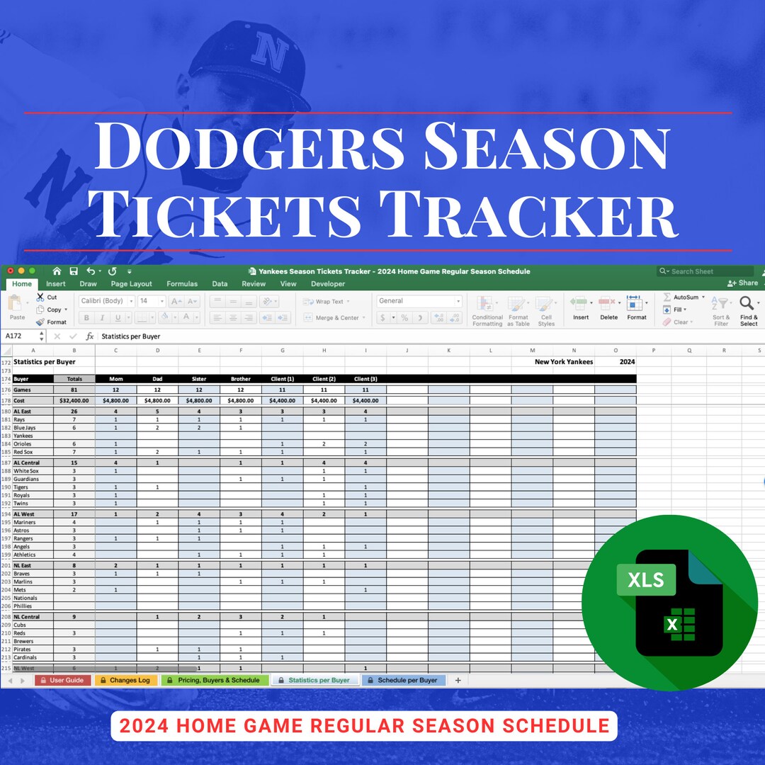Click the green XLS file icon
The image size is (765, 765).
pyautogui.click(x=669, y=602)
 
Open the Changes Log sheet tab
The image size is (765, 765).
pyautogui.click(x=125, y=680)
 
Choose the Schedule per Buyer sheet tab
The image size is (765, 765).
pyautogui.click(x=403, y=680)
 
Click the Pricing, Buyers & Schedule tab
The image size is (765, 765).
pyautogui.click(x=215, y=680)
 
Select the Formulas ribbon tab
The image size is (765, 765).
pyautogui.click(x=182, y=284)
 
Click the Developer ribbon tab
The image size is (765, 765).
pyautogui.click(x=328, y=284)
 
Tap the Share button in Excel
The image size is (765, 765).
pyautogui.click(x=743, y=283)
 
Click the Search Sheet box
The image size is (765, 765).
pyautogui.click(x=705, y=271)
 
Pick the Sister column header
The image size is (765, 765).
pyautogui.click(x=199, y=379)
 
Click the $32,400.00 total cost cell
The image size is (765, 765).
pyautogui.click(x=74, y=400)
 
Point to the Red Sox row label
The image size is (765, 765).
pyautogui.click(x=23, y=452)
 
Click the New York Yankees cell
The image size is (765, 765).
pyautogui.click(x=563, y=362)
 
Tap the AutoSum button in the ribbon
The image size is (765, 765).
pyautogui.click(x=684, y=297)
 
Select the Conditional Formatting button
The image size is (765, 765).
pyautogui.click(x=487, y=312)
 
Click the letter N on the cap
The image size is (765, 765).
pyautogui.click(x=268, y=53)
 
